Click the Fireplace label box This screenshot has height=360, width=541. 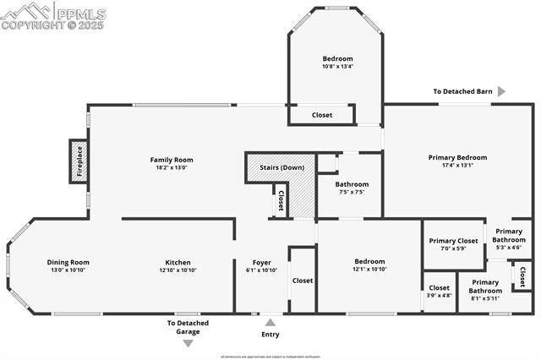click(78, 161)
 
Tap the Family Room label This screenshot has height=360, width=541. click(172, 160)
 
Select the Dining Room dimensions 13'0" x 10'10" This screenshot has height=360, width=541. click(68, 270)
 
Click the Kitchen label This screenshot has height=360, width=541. click(178, 262)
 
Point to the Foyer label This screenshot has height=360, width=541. click(261, 262)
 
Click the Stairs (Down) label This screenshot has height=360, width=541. click(281, 167)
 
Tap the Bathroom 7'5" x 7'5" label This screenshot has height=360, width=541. click(352, 184)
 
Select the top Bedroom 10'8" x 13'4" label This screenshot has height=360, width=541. click(337, 58)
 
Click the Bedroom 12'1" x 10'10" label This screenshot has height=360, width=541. click(369, 262)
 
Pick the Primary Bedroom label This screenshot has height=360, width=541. click(457, 157)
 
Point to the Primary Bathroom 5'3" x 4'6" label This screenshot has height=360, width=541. click(509, 236)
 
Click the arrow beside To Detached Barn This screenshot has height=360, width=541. click(501, 91)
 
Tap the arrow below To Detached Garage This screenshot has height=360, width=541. click(188, 342)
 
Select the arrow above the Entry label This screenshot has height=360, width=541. click(270, 322)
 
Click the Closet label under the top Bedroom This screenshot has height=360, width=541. click(322, 115)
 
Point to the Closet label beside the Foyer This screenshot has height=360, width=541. click(303, 281)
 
